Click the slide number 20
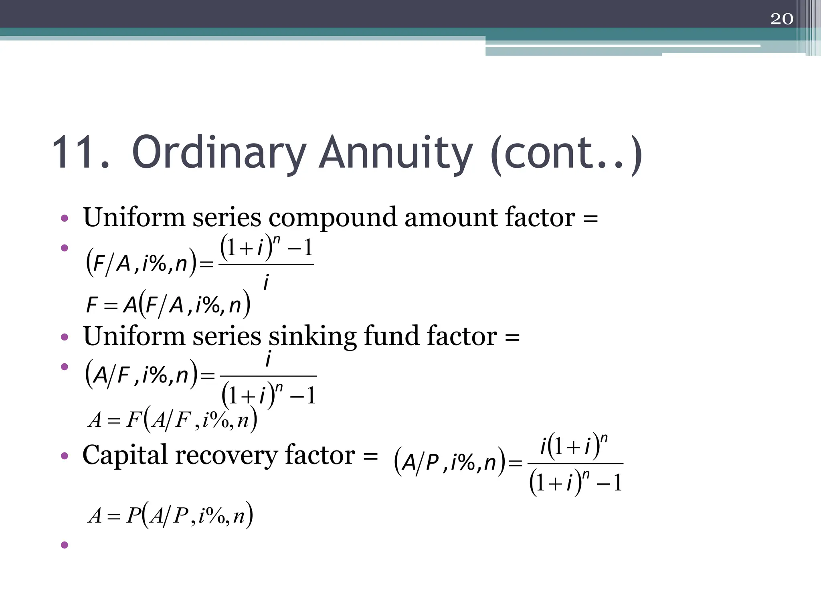pyautogui.click(x=781, y=19)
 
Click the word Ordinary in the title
pyautogui.click(x=219, y=153)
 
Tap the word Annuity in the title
pyautogui.click(x=396, y=153)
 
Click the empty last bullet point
pyautogui.click(x=65, y=545)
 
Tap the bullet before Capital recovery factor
pyautogui.click(x=65, y=456)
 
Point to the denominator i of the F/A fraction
pyautogui.click(x=266, y=282)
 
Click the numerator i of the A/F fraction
pyautogui.click(x=268, y=358)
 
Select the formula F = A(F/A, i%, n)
pyautogui.click(x=168, y=305)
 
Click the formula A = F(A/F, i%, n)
pyautogui.click(x=172, y=420)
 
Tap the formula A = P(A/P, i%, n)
pyautogui.click(x=171, y=515)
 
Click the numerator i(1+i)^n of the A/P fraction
pyautogui.click(x=574, y=446)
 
